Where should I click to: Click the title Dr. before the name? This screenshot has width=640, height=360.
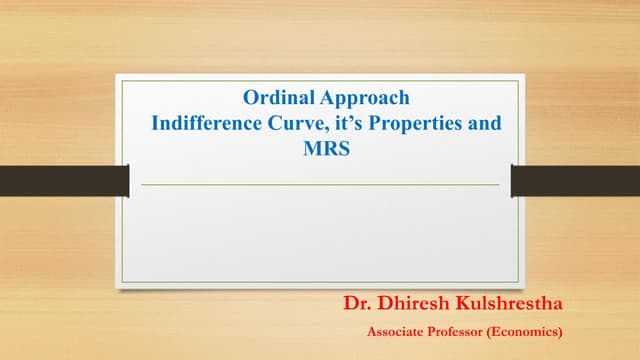pyautogui.click(x=359, y=302)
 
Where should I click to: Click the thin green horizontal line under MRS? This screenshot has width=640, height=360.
pyautogui.click(x=320, y=185)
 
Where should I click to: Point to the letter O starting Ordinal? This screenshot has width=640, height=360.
pyautogui.click(x=252, y=98)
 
